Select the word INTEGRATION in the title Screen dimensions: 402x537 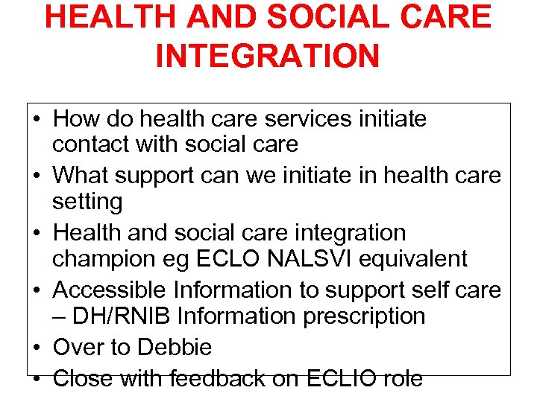coord(268,56)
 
